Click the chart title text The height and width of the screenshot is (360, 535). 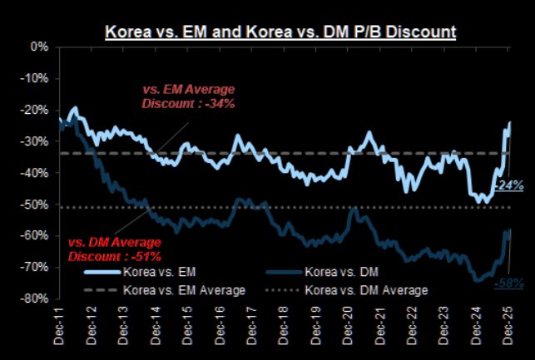click(x=280, y=32)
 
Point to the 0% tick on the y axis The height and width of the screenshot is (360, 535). click(x=38, y=47)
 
